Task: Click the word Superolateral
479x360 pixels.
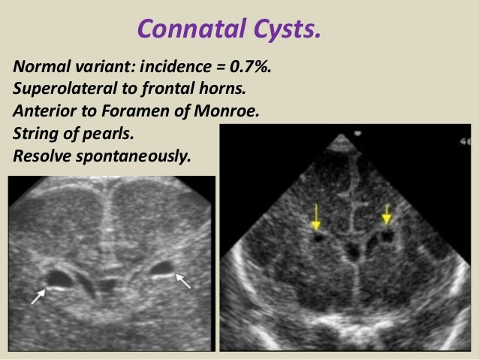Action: click(x=62, y=87)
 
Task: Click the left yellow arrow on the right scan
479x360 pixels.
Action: click(x=316, y=216)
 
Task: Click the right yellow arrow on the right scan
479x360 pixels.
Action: click(x=387, y=213)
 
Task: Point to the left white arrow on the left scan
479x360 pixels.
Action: click(x=38, y=296)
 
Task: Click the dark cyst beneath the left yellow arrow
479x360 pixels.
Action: click(x=320, y=237)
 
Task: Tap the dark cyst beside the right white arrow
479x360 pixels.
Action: click(x=161, y=268)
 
